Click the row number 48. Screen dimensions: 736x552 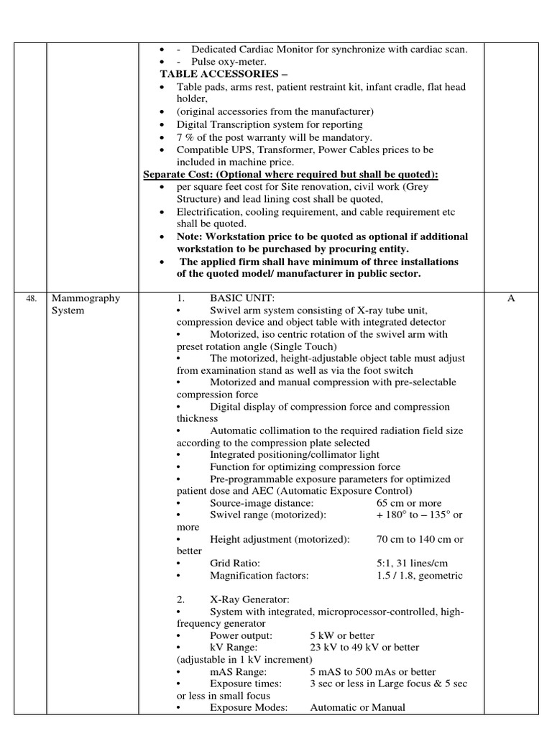[31, 299]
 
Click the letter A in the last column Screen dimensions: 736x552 [511, 298]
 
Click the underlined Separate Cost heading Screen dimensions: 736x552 [290, 175]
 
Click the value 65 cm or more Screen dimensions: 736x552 [409, 503]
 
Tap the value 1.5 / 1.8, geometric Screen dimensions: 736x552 [420, 576]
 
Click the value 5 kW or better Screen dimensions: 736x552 [342, 636]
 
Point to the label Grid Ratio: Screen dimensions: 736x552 [235, 563]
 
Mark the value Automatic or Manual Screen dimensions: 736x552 [357, 708]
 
